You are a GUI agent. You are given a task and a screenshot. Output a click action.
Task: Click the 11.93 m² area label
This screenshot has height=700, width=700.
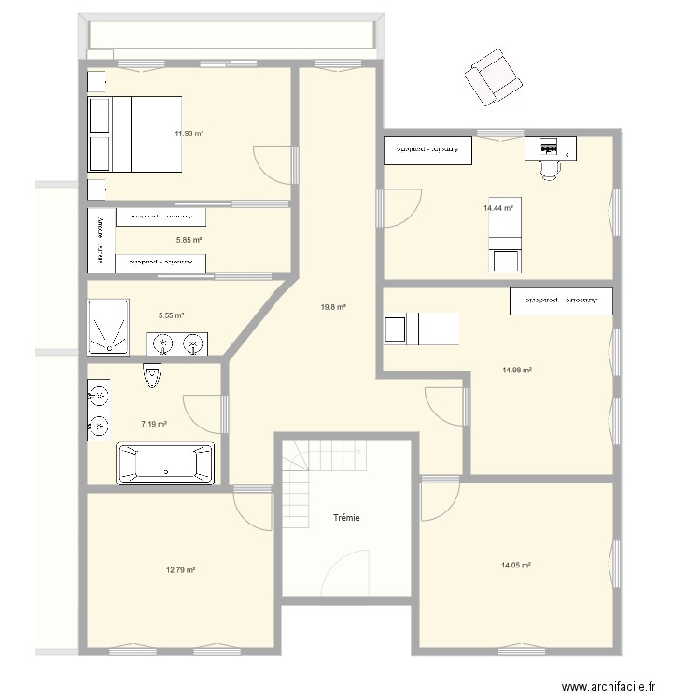pyautogui.click(x=189, y=133)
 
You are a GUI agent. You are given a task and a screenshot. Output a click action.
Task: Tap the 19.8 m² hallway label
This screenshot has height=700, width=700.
pyautogui.click(x=333, y=307)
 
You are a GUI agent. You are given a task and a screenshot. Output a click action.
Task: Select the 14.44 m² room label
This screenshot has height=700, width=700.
pyautogui.click(x=498, y=208)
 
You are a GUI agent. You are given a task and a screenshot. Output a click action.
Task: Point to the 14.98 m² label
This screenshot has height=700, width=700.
pyautogui.click(x=516, y=371)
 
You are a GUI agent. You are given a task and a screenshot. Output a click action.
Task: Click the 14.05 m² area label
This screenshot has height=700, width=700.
pyautogui.click(x=516, y=565)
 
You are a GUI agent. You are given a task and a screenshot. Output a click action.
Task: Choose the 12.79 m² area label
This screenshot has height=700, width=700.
pyautogui.click(x=180, y=569)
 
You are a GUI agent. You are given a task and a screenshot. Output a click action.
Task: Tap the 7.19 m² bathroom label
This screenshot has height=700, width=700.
pyautogui.click(x=154, y=424)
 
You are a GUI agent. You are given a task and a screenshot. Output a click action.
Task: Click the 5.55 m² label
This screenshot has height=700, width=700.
pyautogui.click(x=171, y=315)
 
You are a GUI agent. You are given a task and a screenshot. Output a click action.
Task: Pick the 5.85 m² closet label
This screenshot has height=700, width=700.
pyautogui.click(x=189, y=240)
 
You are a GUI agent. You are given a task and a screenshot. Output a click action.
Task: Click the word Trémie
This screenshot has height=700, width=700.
pyautogui.click(x=347, y=518)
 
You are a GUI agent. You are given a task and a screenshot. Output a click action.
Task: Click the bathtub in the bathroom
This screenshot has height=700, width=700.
pyautogui.click(x=165, y=463)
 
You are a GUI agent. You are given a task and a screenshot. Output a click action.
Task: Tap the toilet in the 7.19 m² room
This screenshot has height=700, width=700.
pyautogui.click(x=152, y=376)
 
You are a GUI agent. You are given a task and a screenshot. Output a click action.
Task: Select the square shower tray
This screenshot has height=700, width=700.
pyautogui.click(x=108, y=326)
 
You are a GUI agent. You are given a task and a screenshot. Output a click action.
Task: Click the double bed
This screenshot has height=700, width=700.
pyautogui.click(x=134, y=134)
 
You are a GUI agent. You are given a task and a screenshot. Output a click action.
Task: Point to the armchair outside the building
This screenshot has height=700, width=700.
pyautogui.click(x=493, y=77)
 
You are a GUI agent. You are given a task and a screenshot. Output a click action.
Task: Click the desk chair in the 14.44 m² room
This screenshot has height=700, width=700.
pyautogui.click(x=549, y=167)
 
